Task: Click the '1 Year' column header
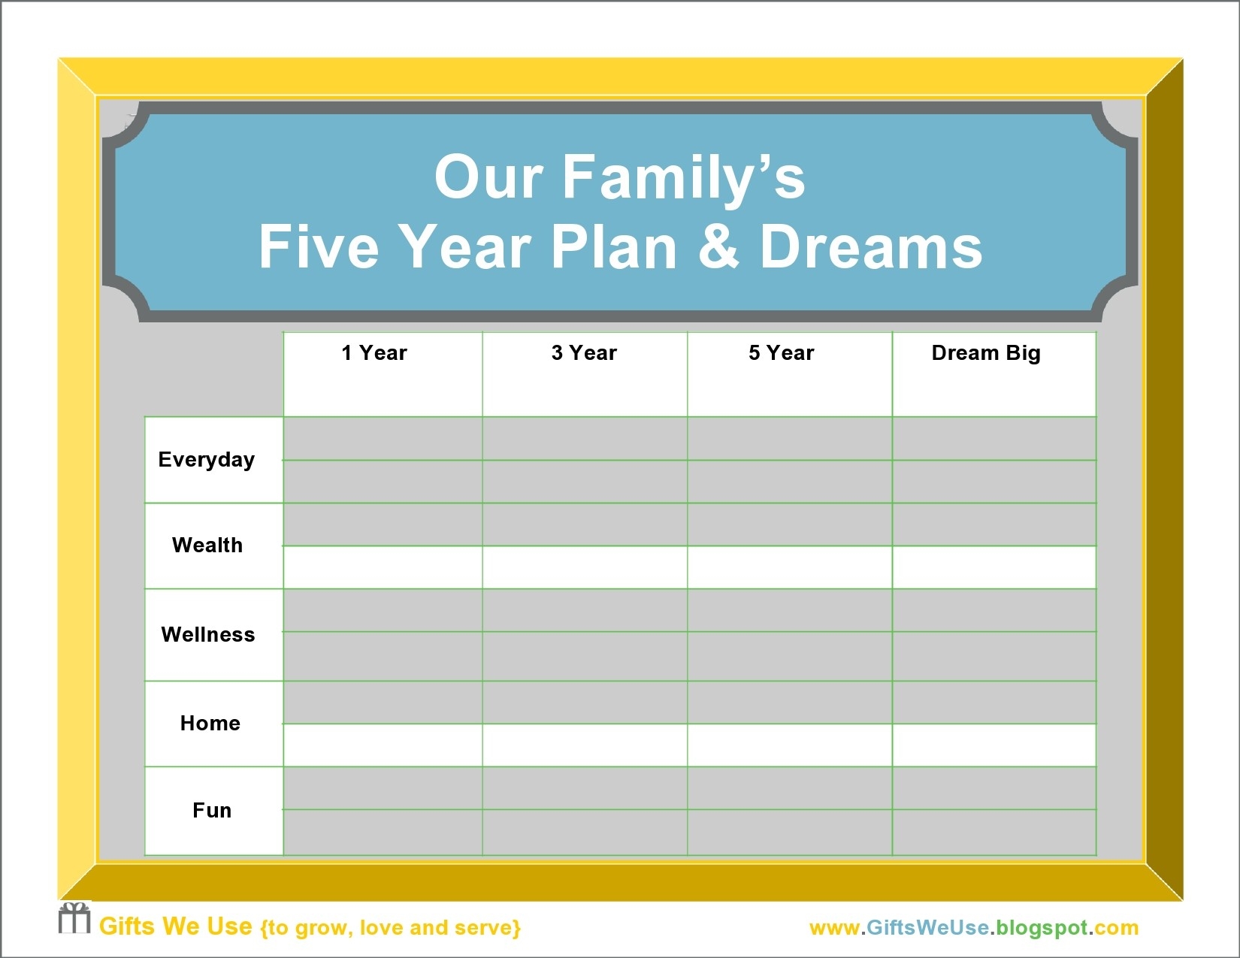coord(374,353)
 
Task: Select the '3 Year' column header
coord(584,353)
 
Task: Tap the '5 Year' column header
coord(781,353)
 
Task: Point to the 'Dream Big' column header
coord(986,353)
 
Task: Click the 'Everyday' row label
coord(207,460)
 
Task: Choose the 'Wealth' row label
coord(207,545)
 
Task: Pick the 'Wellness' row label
coord(208,635)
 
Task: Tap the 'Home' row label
coord(210,724)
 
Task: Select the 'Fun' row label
coord(212,811)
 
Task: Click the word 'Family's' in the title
coord(683,178)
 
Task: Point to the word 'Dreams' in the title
coord(871,247)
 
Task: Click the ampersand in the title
coord(718,247)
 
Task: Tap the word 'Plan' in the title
coord(614,247)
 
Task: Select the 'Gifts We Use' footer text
coord(176,926)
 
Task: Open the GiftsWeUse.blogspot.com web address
coord(974,928)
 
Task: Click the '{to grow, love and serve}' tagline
coord(390,928)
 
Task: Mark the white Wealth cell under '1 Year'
coord(383,567)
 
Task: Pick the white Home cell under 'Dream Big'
coord(994,745)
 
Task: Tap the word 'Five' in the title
coord(319,247)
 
